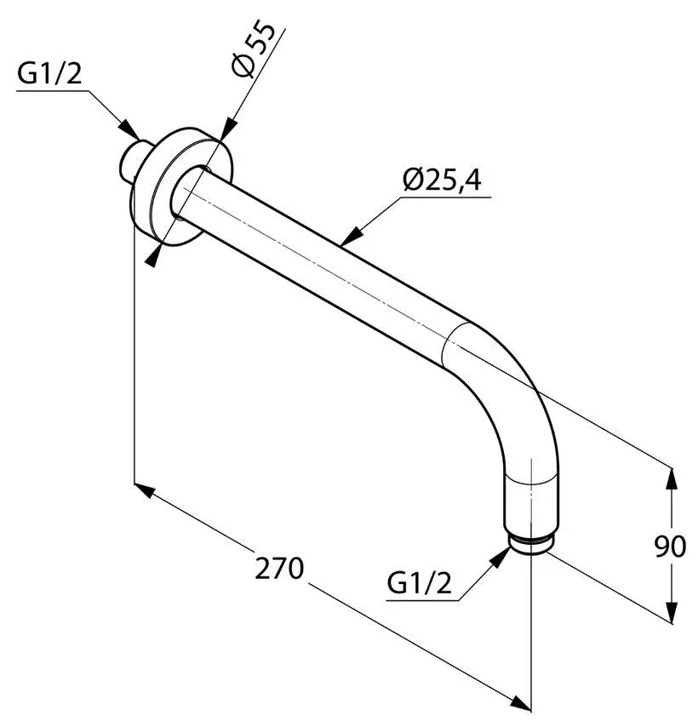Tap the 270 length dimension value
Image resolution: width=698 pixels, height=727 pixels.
point(280,568)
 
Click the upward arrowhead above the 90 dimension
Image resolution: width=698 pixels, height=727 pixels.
point(672,480)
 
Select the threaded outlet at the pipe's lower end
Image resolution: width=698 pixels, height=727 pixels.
point(531,543)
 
